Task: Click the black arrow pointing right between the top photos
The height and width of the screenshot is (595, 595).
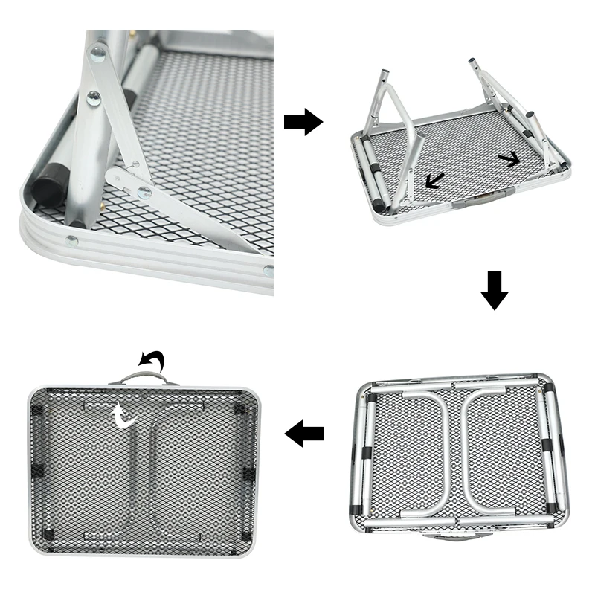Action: coord(303,120)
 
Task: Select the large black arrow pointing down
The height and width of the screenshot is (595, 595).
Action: coord(495,290)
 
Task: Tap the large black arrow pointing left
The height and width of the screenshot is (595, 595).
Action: coord(304,433)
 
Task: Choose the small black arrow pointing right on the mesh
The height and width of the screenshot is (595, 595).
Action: coord(509,158)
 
